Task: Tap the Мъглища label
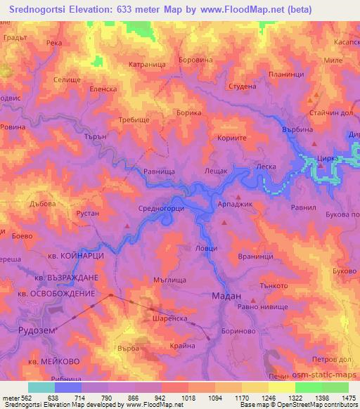169,278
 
